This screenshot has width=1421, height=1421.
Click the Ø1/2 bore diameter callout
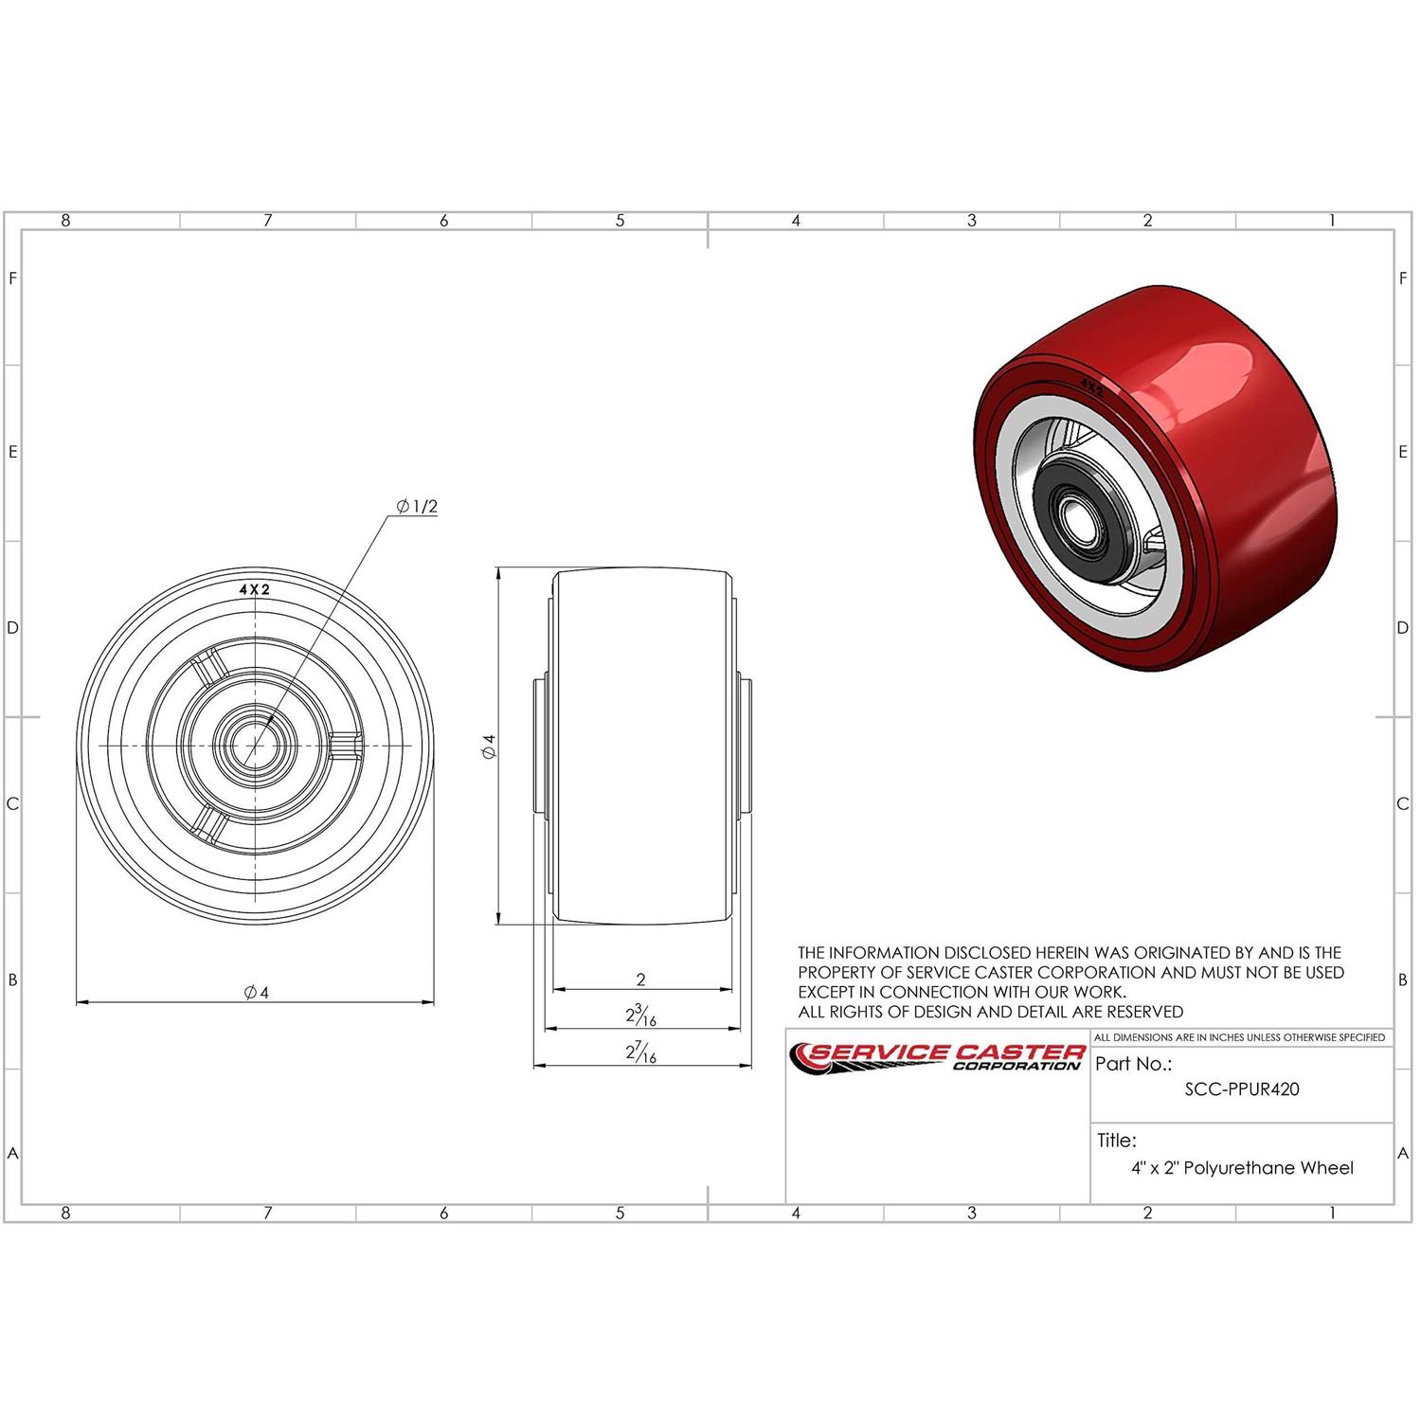[x=418, y=507]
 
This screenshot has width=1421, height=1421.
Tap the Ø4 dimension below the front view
[x=256, y=992]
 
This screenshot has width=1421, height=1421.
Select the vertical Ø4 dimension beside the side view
[x=489, y=746]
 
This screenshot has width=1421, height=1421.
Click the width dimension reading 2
[x=641, y=980]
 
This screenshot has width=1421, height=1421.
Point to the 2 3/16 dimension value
[x=640, y=1016]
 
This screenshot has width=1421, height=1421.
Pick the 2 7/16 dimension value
[x=640, y=1052]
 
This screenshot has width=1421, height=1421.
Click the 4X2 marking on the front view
[x=254, y=589]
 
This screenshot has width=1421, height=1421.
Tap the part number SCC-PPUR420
[x=1241, y=1089]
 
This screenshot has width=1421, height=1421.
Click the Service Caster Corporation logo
[x=938, y=1056]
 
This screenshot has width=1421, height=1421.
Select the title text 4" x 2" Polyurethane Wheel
[x=1241, y=1168]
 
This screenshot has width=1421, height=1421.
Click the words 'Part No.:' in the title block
[x=1133, y=1064]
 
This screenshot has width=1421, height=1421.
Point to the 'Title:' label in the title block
[x=1117, y=1141]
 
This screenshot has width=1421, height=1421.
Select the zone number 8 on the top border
[x=65, y=221]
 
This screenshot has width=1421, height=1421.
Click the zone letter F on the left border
[x=12, y=279]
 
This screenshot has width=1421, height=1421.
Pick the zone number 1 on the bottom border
[x=1332, y=1213]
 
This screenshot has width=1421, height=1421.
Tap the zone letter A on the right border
[x=1403, y=1154]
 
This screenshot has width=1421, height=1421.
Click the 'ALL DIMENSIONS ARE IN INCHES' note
[x=1239, y=1037]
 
